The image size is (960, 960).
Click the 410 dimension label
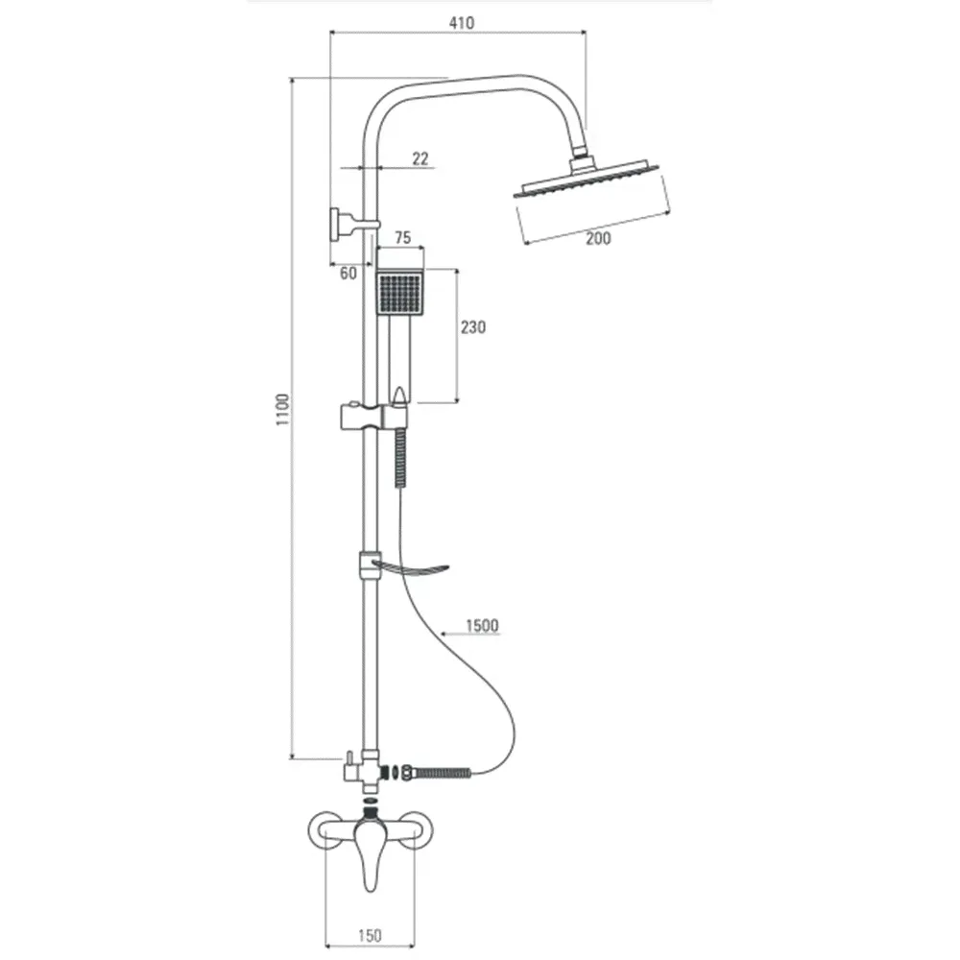pyautogui.click(x=461, y=23)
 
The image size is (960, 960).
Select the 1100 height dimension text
pyautogui.click(x=282, y=410)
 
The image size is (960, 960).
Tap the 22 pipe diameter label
pyautogui.click(x=420, y=158)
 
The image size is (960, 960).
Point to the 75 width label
pyautogui.click(x=402, y=237)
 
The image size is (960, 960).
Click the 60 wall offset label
pyautogui.click(x=348, y=273)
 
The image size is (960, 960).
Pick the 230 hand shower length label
pyautogui.click(x=473, y=327)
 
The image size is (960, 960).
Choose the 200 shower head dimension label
pyautogui.click(x=598, y=238)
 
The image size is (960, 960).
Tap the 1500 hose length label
pyautogui.click(x=483, y=625)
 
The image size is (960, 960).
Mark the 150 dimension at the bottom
pyautogui.click(x=370, y=935)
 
